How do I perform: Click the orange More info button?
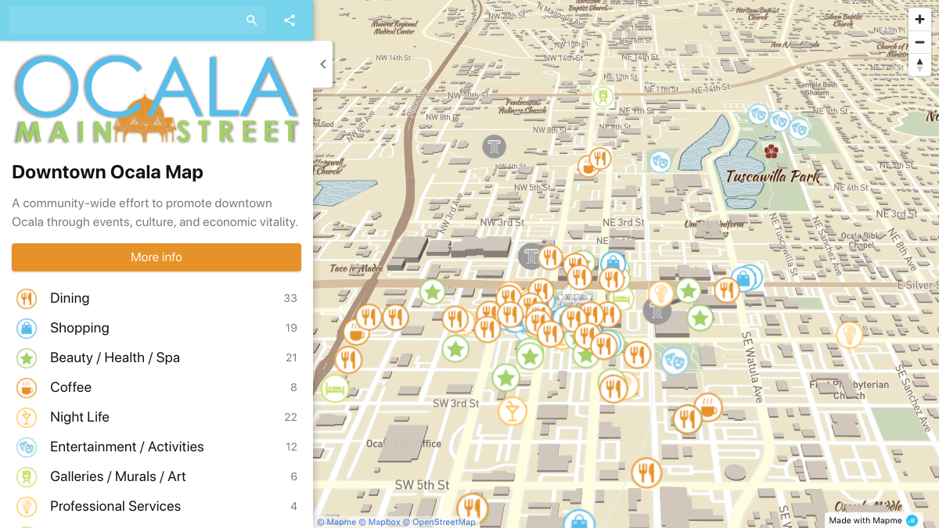156,257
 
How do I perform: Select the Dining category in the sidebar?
70,298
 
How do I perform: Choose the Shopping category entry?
79,328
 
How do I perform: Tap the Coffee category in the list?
70,387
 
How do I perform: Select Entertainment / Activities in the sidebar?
127,447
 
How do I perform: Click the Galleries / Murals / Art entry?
118,476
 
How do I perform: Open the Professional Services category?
115,506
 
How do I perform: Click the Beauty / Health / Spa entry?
114,357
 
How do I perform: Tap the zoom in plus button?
919,20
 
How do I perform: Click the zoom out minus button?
919,42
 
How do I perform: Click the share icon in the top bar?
290,20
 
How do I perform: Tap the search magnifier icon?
251,20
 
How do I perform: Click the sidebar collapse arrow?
323,64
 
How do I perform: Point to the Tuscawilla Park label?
772,176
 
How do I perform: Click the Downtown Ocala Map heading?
107,172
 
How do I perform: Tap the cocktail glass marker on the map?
513,411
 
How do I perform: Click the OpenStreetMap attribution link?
444,522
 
